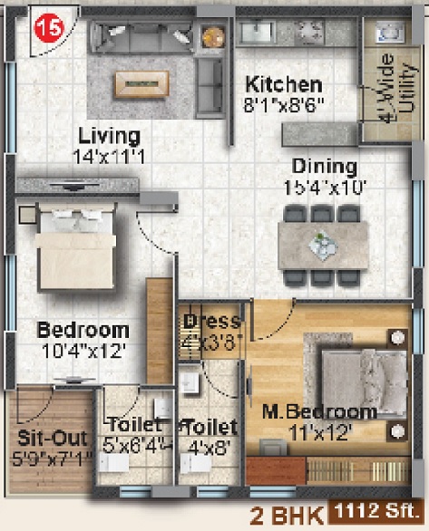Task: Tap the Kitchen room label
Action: coord(282,84)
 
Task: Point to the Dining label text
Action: coord(324,167)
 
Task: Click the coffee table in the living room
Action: coord(141,83)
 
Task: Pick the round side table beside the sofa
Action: coord(212,36)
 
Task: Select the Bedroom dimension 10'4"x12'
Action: coord(83,349)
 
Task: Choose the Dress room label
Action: coord(211,322)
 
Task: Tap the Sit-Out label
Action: coord(52,439)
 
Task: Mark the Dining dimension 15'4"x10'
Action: coord(324,187)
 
